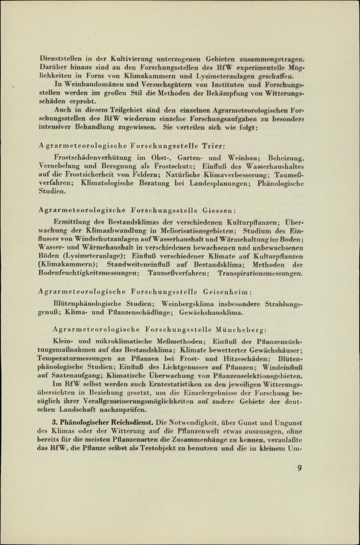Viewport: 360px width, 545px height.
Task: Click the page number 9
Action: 300,468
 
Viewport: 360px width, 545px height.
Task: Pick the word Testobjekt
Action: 157,449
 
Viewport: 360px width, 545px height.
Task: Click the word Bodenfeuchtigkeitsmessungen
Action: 89,273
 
